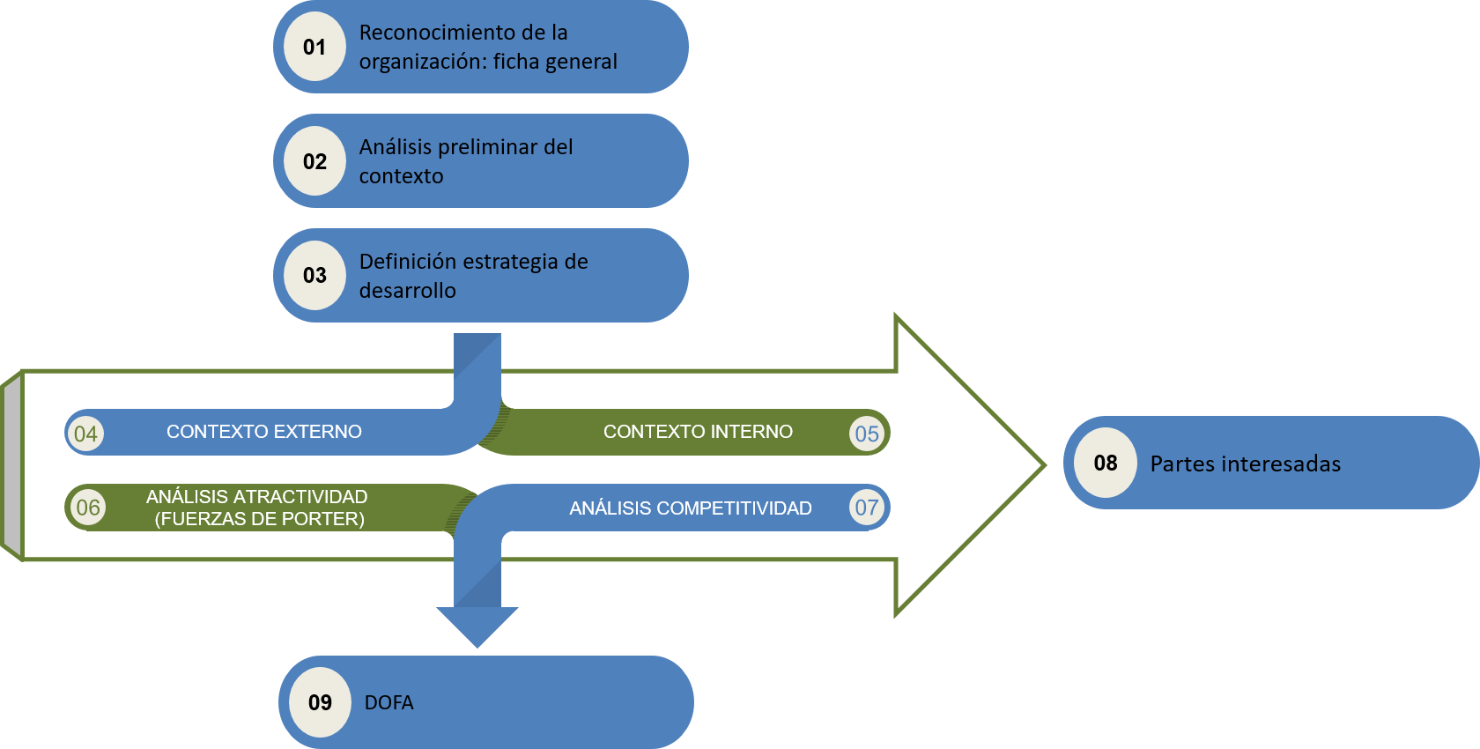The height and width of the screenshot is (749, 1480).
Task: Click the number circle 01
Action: pos(314,47)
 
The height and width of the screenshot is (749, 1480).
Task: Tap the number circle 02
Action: pos(314,161)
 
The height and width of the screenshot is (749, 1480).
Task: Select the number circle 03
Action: pos(314,276)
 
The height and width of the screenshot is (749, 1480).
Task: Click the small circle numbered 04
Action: pos(85,434)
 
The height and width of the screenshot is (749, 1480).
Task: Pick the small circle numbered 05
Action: pos(867,434)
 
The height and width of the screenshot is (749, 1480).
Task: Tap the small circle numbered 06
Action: pos(87,508)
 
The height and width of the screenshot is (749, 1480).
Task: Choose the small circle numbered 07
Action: pos(867,508)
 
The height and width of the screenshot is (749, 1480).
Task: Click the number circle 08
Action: pos(1105,463)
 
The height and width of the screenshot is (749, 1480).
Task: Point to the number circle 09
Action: pos(320,702)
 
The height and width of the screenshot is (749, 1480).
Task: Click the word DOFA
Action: pos(388,702)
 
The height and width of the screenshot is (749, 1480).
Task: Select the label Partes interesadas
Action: pos(1245,463)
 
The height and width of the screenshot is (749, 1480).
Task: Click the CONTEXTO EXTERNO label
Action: pos(263,432)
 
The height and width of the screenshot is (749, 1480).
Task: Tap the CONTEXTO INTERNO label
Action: pos(698,432)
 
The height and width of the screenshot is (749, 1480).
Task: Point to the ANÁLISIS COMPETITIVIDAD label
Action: pos(690,508)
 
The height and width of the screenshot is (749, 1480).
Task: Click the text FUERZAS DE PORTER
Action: pos(259,519)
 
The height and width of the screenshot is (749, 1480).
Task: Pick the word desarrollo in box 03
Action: pos(407,291)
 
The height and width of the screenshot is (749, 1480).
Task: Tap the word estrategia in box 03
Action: pos(510,262)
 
